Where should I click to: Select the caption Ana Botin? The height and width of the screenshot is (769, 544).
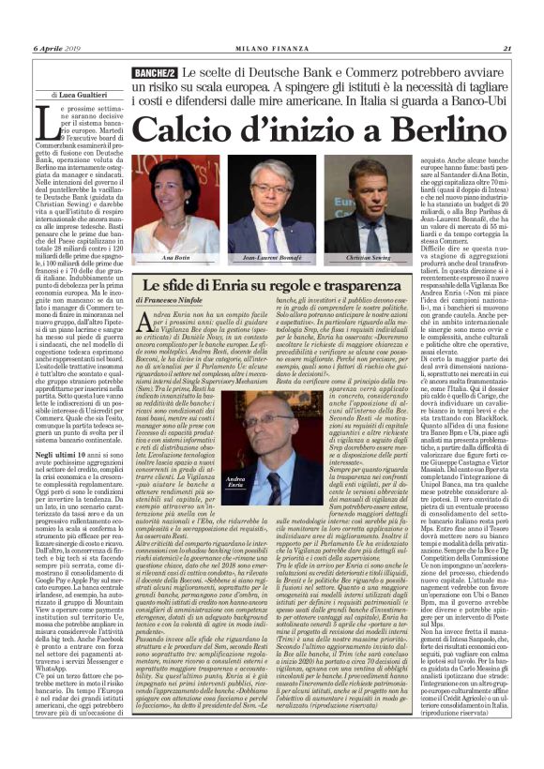tap(175, 256)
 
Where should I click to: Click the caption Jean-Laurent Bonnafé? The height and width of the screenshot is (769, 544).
tap(270, 256)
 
